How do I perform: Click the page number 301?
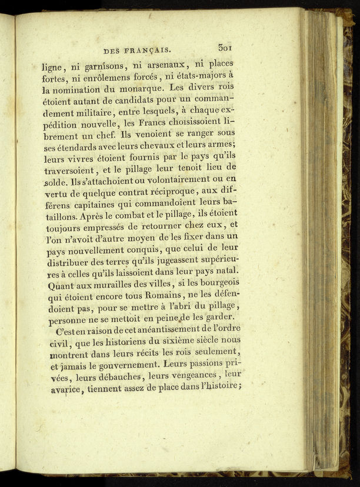point(226,48)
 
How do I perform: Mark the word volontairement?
point(161,181)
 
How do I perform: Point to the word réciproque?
point(174,192)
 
